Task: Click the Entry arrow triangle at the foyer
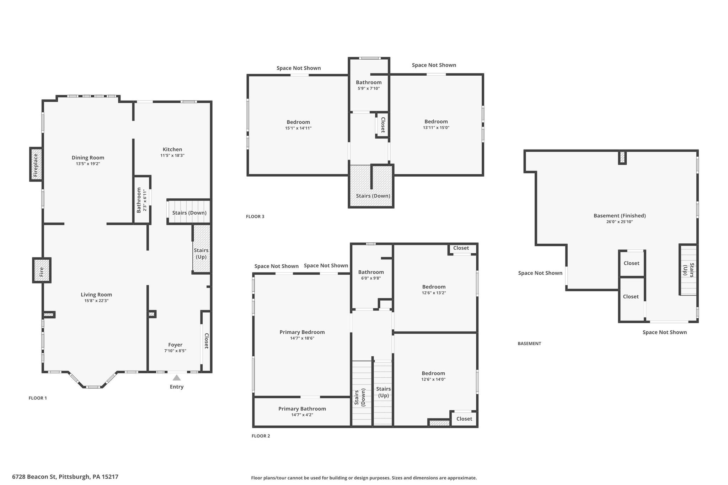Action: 176,378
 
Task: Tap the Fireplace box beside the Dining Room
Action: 36,165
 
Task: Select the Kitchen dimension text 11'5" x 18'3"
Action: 172,156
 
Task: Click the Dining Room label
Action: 88,158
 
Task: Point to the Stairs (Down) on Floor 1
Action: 189,213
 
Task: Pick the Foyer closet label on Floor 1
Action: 206,341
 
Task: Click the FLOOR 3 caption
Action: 255,216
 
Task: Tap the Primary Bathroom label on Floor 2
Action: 302,409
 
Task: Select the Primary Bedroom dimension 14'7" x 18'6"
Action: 302,338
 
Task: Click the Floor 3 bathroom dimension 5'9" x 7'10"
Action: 369,88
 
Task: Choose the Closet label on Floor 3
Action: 383,125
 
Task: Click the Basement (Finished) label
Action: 620,216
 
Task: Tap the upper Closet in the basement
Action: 631,263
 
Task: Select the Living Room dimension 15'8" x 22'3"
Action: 96,301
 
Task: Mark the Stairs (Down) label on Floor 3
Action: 373,196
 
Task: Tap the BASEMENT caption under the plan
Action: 529,344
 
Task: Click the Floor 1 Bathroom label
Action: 139,200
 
